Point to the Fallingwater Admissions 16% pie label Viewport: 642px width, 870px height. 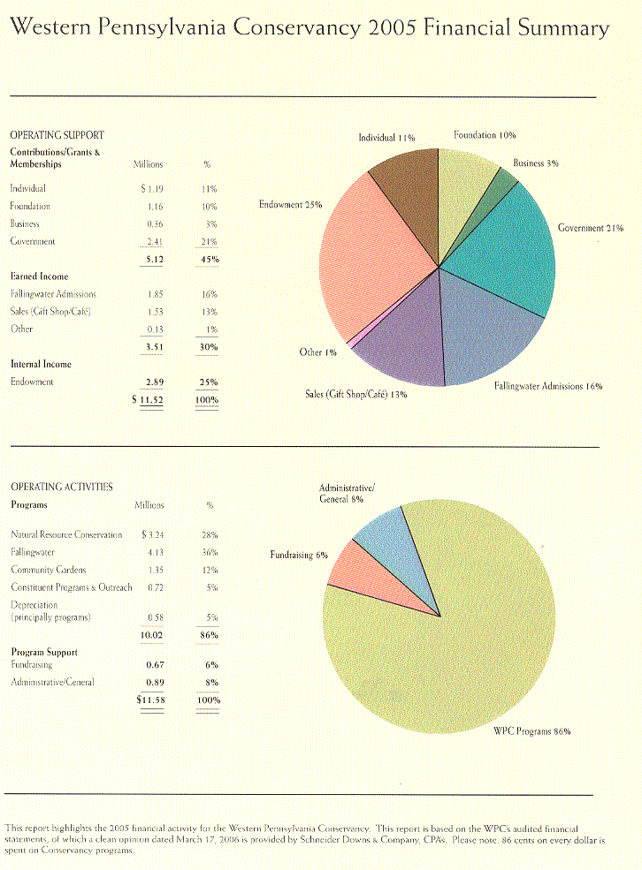pos(548,386)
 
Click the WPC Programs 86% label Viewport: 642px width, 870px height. pos(531,731)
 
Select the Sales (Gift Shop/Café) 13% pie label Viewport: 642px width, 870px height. pos(350,394)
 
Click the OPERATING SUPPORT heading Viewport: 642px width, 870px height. pos(57,135)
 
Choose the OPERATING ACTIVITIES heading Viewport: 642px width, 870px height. pos(61,487)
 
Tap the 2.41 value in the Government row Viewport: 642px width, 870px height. pos(155,241)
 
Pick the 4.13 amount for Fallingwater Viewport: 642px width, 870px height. pos(155,552)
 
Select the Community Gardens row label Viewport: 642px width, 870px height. pos(49,570)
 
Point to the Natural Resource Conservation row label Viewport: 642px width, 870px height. pos(67,534)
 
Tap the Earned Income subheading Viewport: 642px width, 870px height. pos(40,276)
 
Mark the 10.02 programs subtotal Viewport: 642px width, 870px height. pos(152,633)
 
